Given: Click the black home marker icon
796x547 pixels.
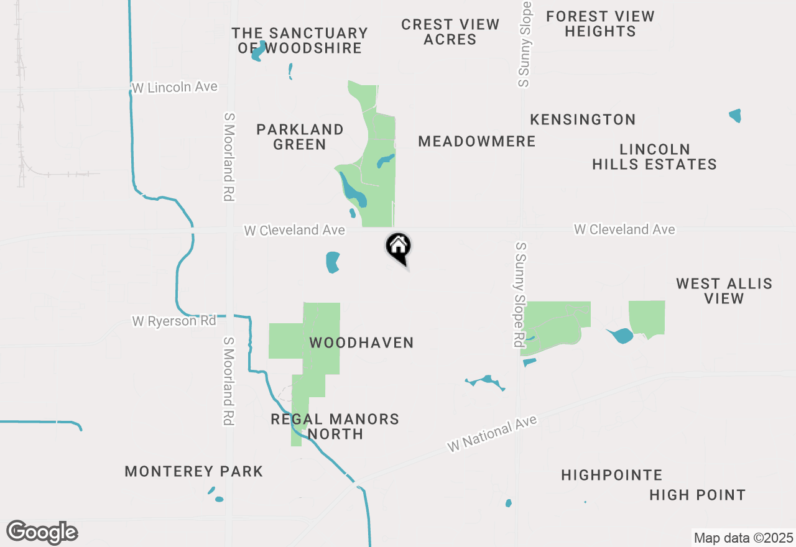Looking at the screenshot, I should tap(398, 247).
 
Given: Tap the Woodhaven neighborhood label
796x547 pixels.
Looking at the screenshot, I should tap(361, 342).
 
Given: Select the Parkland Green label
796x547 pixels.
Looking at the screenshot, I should tap(300, 137).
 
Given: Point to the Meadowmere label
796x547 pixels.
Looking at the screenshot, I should tap(477, 141).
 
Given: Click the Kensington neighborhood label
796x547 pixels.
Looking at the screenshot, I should tap(583, 119).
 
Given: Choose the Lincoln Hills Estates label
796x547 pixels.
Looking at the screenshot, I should tap(654, 157).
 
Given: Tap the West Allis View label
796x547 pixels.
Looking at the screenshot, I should tap(724, 291).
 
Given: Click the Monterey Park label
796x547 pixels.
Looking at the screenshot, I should tap(194, 471).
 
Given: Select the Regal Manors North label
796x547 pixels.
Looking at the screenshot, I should tap(335, 426).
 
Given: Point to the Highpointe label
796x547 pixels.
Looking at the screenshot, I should tap(611, 475).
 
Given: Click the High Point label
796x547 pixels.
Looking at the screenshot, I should tap(697, 495).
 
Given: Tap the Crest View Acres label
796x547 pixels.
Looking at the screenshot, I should tap(450, 32).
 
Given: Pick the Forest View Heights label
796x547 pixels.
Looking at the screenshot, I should tap(600, 24).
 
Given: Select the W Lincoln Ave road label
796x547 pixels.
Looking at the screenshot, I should tap(175, 87).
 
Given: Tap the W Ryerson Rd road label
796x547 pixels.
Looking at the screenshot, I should tap(174, 321).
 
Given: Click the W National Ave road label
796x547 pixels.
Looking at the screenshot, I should tap(491, 434).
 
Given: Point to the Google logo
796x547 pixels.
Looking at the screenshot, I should tap(42, 532).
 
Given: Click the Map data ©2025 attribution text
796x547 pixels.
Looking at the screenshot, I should tap(743, 538).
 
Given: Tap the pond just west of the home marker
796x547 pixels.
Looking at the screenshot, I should tap(333, 262).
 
